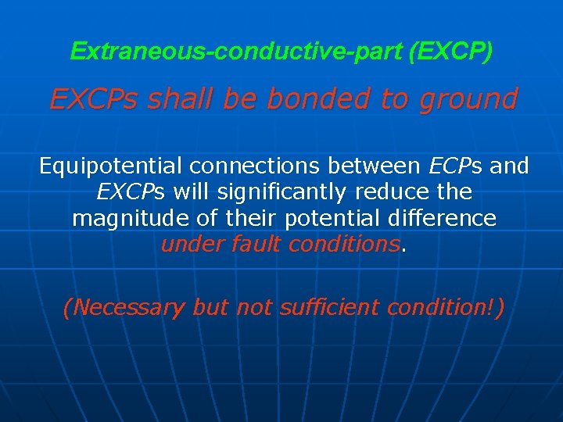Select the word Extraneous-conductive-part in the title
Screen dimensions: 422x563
pos(236,52)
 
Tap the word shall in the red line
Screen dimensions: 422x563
pos(181,99)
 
